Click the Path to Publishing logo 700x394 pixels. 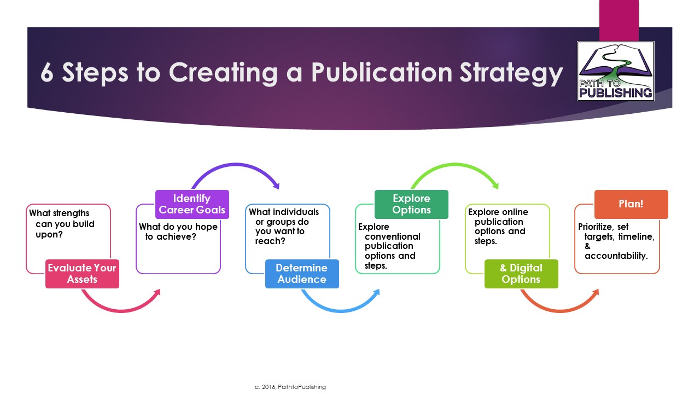click(x=616, y=71)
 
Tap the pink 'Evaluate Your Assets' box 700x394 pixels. click(x=82, y=274)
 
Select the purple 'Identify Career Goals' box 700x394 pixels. click(x=192, y=204)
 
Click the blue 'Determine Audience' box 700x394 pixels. click(x=302, y=274)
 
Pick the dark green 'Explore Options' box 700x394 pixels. click(x=412, y=204)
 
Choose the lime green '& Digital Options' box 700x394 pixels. click(x=521, y=274)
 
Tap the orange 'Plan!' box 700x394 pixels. click(x=631, y=204)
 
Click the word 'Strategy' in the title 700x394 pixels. click(x=511, y=74)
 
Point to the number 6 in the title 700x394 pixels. click(x=47, y=73)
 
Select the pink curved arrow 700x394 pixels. click(x=122, y=310)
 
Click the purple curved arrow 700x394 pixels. click(x=236, y=164)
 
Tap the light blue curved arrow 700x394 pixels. click(x=341, y=310)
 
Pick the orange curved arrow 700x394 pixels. click(x=561, y=310)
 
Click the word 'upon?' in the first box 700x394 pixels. click(x=49, y=235)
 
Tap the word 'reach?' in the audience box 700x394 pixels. click(x=270, y=241)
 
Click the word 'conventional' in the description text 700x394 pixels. click(x=393, y=236)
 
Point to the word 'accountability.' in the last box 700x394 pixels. click(x=616, y=256)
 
